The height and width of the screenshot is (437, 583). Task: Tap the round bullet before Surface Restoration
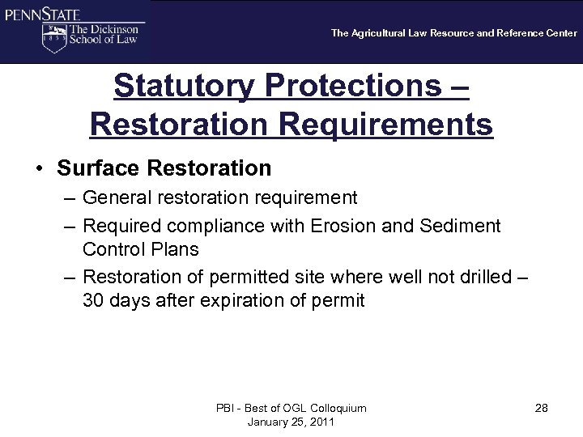pyautogui.click(x=38, y=168)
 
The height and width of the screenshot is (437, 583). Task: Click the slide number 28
pyautogui.click(x=541, y=408)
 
